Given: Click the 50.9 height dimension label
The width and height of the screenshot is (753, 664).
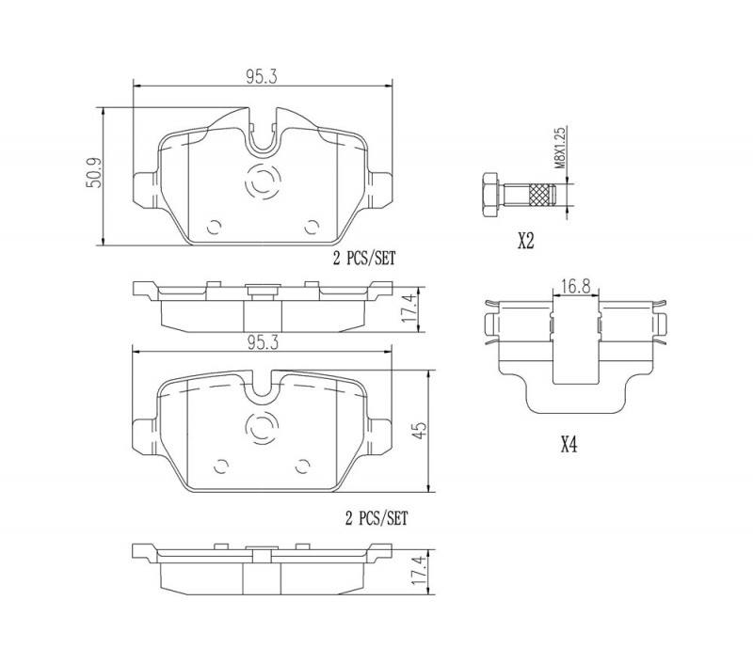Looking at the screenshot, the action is [94, 173].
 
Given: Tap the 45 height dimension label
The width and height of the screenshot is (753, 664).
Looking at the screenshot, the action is [420, 431].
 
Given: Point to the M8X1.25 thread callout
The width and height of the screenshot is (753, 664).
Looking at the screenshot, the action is [561, 148].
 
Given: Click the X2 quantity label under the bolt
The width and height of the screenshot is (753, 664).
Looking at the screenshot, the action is [526, 242].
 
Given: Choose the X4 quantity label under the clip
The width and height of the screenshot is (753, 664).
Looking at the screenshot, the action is [569, 446].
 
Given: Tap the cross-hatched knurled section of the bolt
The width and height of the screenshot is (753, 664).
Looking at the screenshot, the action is [540, 196].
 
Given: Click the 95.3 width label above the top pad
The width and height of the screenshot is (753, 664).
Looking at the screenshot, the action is [263, 77].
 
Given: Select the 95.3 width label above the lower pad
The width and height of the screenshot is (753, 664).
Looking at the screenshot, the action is [263, 342].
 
